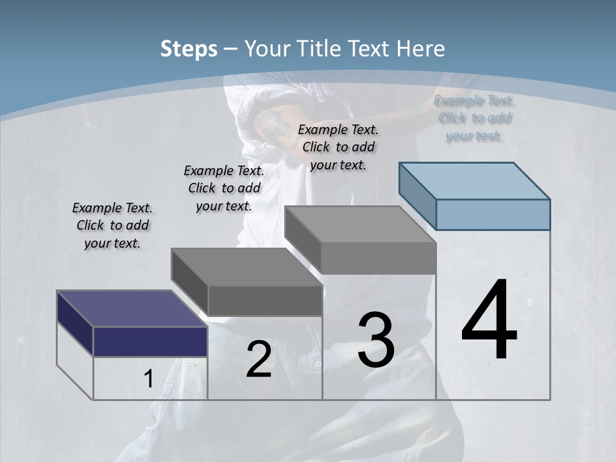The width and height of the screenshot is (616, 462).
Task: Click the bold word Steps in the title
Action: [x=189, y=49]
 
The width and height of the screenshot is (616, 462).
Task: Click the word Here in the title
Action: [x=421, y=49]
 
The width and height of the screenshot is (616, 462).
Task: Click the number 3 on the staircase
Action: [x=376, y=340]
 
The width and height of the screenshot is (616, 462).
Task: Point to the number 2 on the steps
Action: [x=259, y=359]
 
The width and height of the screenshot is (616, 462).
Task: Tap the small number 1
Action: [x=148, y=379]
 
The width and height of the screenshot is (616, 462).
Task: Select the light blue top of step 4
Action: [x=475, y=180]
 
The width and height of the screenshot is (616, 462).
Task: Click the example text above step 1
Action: [x=112, y=225]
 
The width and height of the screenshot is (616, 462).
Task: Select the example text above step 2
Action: [x=224, y=188]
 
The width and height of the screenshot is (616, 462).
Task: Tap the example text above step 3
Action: [x=338, y=147]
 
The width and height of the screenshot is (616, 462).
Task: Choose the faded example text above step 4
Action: [x=474, y=118]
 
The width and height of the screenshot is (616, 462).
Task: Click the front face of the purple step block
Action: [x=150, y=341]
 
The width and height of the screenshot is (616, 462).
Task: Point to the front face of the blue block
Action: [x=493, y=214]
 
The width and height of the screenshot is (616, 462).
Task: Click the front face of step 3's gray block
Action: [x=379, y=258]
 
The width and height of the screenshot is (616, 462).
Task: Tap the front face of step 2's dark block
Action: [x=265, y=300]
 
